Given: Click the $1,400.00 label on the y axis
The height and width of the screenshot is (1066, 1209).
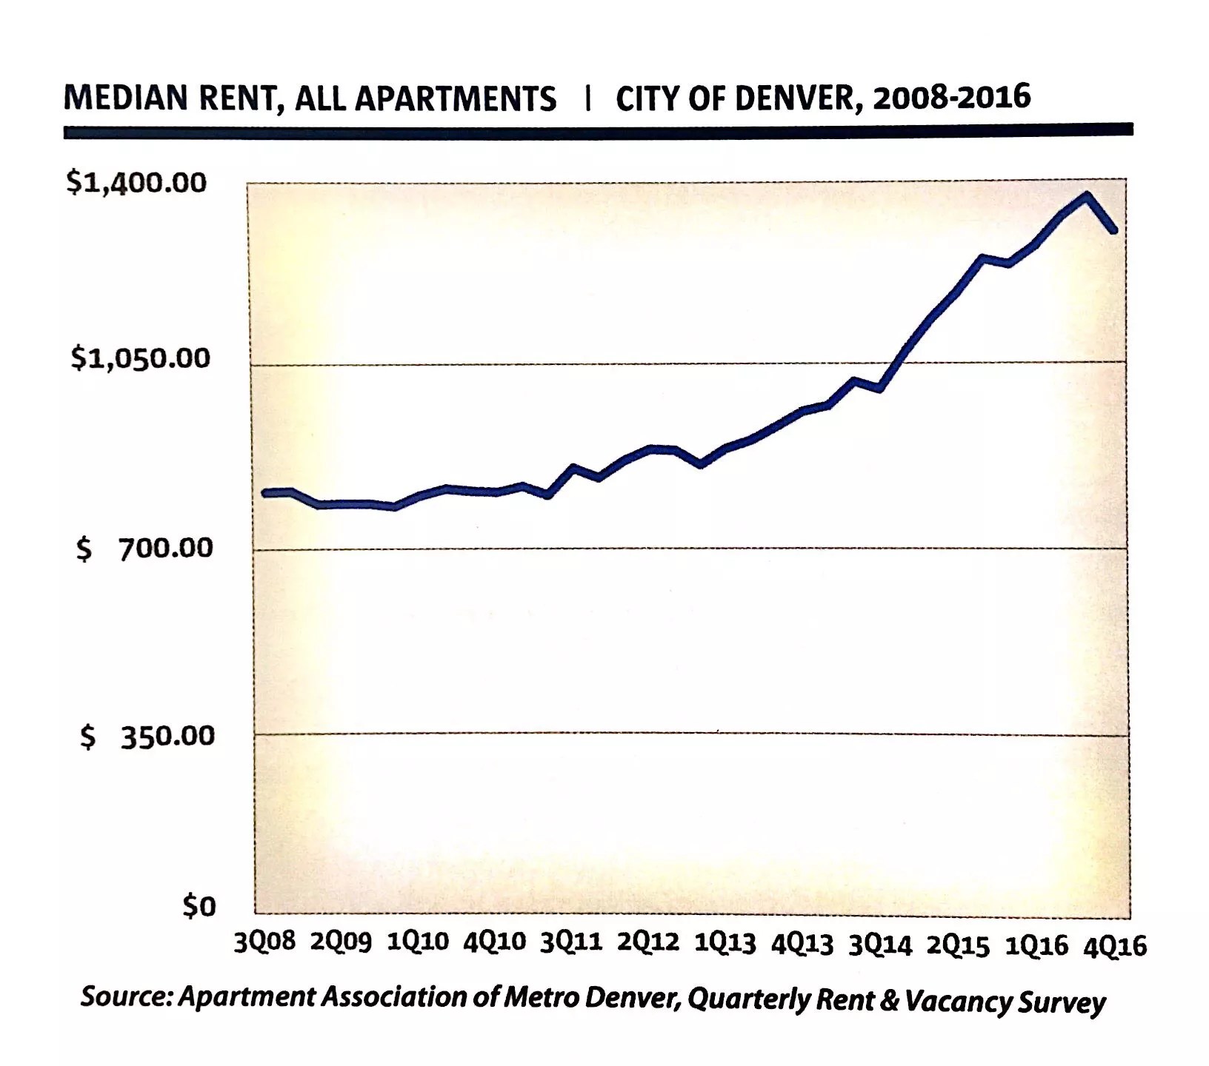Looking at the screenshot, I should (x=136, y=182).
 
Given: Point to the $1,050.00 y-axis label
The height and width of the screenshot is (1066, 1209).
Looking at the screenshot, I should (x=141, y=358).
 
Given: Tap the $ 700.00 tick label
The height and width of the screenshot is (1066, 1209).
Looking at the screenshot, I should (x=144, y=548).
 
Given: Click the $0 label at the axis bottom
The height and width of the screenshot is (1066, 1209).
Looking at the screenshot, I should (x=199, y=906).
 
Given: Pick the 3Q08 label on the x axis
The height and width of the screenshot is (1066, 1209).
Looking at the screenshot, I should (x=264, y=942).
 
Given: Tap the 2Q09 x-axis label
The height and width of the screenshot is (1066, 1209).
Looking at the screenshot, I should (x=341, y=942).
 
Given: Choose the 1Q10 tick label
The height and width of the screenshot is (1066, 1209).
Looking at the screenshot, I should (x=418, y=942).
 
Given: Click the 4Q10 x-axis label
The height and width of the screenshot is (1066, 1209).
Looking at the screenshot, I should (x=494, y=942).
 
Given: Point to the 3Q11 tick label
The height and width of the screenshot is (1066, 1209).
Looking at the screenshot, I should (x=571, y=943).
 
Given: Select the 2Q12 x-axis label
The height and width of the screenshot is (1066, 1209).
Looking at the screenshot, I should (x=648, y=943).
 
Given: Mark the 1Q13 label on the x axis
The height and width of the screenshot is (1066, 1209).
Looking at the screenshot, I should (x=725, y=944).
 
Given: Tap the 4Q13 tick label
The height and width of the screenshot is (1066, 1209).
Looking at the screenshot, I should (x=802, y=945).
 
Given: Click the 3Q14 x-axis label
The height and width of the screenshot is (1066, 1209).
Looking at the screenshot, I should (x=880, y=945).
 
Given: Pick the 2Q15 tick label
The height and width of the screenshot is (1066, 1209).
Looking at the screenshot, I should (x=958, y=946).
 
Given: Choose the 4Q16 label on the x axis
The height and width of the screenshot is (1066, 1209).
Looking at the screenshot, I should (x=1115, y=947).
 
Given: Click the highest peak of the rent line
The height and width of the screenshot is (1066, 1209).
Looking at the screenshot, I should (x=1087, y=195).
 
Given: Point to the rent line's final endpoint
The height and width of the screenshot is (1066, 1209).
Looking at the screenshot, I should (x=1113, y=231).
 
